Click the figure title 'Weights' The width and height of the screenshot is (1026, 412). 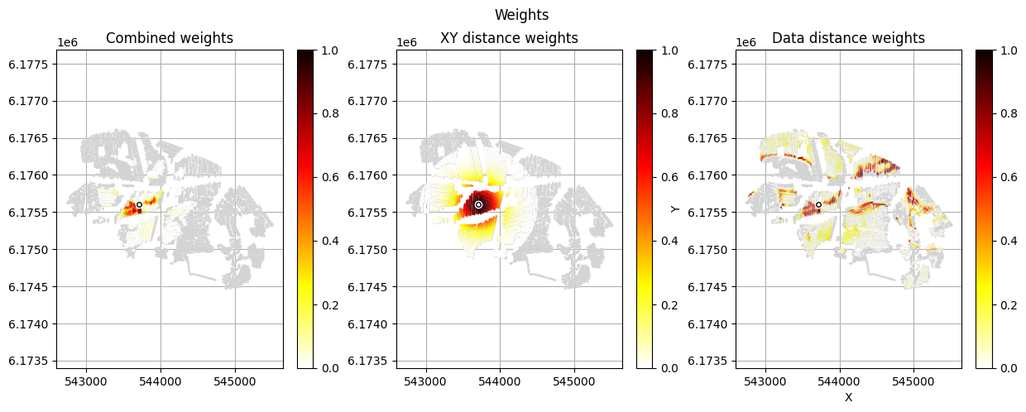[521, 15]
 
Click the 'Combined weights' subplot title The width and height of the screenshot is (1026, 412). [170, 38]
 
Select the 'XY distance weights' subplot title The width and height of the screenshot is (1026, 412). [509, 38]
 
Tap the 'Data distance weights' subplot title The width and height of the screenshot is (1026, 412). [848, 38]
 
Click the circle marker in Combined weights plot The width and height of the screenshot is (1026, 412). [139, 204]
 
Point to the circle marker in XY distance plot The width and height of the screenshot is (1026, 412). [478, 204]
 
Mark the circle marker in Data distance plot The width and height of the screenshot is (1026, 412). [818, 204]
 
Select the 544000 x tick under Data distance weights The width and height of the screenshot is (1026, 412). [840, 381]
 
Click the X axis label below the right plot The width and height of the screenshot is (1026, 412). [848, 397]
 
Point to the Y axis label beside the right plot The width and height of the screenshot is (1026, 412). [675, 208]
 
